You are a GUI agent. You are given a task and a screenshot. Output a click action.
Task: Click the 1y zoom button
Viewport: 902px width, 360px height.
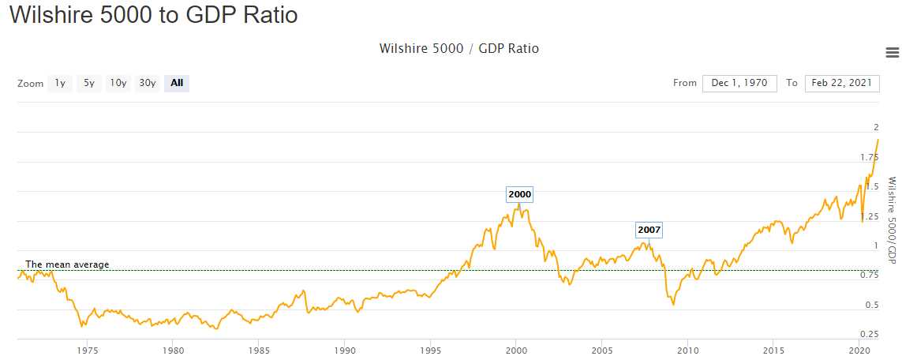point(60,83)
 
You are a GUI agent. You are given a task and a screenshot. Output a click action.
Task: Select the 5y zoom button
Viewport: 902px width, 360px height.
point(89,83)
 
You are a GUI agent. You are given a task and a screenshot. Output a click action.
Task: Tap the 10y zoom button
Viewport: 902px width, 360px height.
point(118,83)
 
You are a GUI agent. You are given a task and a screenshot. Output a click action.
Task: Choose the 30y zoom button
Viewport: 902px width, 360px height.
point(148,83)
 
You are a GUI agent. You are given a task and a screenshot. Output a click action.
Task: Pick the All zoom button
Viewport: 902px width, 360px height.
point(177,83)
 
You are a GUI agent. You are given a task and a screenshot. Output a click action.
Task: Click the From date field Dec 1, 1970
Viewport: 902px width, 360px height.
point(739,83)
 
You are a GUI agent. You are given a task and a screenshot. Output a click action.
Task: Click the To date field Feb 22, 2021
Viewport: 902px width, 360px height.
point(841,83)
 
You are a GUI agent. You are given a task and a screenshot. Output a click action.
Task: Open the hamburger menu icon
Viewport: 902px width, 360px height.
point(893,53)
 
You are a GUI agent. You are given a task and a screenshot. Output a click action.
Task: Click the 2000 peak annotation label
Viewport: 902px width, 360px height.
point(520,194)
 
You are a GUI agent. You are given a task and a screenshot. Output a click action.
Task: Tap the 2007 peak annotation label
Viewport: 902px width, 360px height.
point(649,231)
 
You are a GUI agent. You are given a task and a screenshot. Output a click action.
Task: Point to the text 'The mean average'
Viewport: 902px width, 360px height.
point(67,264)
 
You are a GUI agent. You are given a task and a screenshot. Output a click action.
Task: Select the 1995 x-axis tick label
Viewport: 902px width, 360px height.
point(430,350)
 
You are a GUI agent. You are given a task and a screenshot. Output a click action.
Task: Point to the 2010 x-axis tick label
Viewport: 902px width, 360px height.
point(688,350)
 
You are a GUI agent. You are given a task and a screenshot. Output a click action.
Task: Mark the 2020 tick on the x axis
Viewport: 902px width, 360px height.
point(859,350)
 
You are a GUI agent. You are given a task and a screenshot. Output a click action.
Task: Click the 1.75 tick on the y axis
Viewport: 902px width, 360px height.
point(869,158)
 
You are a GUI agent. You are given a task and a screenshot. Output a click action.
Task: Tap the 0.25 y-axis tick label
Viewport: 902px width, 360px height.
point(869,335)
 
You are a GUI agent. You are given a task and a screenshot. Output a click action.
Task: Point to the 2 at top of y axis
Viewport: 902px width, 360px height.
point(875,128)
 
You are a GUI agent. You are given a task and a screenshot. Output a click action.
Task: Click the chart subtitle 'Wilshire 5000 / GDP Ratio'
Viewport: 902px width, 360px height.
point(459,49)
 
